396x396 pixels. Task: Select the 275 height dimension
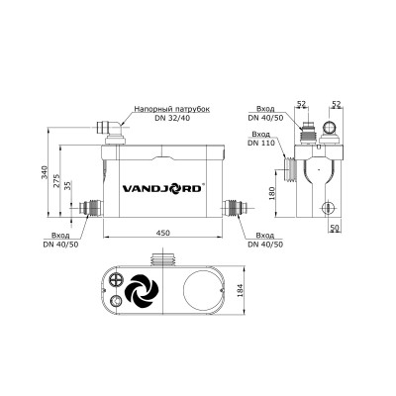(57, 183)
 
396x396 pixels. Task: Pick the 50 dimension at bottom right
(337, 227)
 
